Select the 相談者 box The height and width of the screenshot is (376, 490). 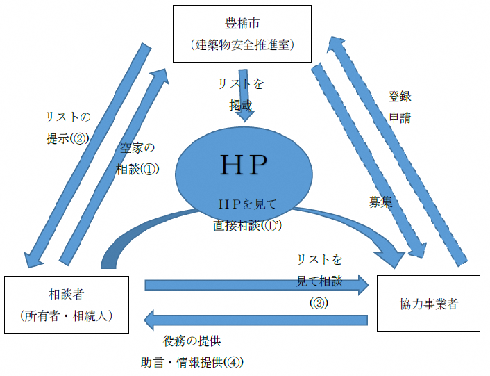coord(67,303)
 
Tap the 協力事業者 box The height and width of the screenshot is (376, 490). coord(429,303)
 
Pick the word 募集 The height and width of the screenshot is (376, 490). coord(381,202)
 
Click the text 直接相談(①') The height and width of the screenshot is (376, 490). coord(248,226)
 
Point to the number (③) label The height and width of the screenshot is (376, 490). coord(319,303)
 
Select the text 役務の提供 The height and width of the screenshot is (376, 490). coord(192,341)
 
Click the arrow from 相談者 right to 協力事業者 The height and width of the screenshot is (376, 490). coord(257,284)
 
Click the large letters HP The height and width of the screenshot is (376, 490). coord(243,164)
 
